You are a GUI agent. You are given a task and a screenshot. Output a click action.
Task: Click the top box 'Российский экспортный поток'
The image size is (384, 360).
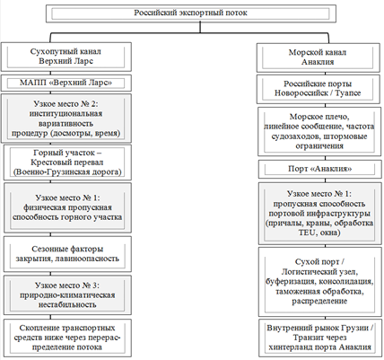191,13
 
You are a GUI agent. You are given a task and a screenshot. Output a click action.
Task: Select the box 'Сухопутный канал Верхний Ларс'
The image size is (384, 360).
66,57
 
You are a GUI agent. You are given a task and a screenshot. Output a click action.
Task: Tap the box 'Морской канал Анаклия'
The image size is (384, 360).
318,57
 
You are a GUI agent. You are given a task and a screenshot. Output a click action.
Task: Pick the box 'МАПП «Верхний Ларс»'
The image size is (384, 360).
66,83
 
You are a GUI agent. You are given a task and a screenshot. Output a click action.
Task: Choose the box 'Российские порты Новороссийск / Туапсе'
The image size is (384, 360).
318,89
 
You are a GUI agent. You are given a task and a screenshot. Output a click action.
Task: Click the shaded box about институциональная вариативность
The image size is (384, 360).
66,119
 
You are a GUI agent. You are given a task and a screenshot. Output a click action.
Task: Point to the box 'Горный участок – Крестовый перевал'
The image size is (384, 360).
67,162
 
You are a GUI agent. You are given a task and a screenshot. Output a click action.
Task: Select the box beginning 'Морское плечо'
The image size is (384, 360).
319,131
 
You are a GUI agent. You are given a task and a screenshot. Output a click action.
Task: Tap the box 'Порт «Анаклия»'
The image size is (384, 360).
319,170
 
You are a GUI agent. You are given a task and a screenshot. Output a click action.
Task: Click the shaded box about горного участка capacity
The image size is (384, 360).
67,207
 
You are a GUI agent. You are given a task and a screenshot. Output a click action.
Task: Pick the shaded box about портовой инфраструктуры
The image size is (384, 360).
320,214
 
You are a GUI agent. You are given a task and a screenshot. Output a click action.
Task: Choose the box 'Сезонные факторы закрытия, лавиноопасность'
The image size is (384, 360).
67,254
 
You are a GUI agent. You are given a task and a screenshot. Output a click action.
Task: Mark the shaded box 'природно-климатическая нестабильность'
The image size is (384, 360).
67,295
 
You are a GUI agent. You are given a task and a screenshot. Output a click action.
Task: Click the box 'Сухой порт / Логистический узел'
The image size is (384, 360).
320,282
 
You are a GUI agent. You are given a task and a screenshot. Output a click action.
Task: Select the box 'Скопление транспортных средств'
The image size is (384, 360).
67,338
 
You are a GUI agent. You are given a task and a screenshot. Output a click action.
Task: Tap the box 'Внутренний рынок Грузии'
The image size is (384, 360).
320,338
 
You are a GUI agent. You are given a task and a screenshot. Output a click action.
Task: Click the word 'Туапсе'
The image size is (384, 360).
348,93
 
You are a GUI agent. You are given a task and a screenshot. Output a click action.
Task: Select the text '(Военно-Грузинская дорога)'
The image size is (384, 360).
67,172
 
